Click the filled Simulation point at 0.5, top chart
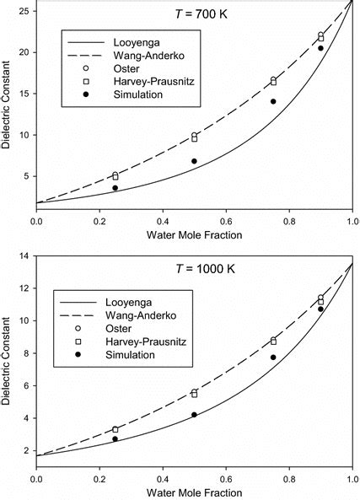[194, 161]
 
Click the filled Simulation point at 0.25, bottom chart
[115, 439]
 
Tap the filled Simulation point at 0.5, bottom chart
[194, 415]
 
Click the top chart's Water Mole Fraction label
[194, 237]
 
